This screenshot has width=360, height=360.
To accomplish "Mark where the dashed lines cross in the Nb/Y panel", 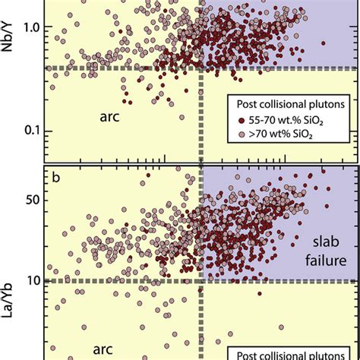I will coord(201,68).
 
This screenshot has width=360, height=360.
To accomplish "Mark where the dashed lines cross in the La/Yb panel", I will coord(201,280).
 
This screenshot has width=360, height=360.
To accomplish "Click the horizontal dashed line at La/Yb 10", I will coord(114,280).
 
